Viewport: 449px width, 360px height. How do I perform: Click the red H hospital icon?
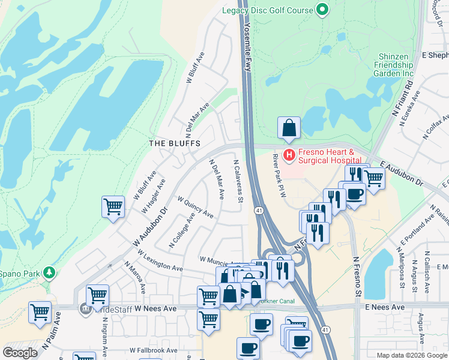[x=289, y=155]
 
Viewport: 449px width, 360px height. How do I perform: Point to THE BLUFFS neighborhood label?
[x=175, y=143]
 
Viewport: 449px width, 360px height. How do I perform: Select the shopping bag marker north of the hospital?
[x=289, y=128]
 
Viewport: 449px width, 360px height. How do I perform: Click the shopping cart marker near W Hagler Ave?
[x=113, y=207]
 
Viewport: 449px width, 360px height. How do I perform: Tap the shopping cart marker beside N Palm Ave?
[x=40, y=312]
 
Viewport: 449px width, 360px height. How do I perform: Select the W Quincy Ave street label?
[x=195, y=206]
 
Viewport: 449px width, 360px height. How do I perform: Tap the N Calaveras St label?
[x=238, y=180]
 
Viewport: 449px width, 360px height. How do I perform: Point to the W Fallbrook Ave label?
[x=153, y=350]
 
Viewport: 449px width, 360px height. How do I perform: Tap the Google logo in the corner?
[x=20, y=352]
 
